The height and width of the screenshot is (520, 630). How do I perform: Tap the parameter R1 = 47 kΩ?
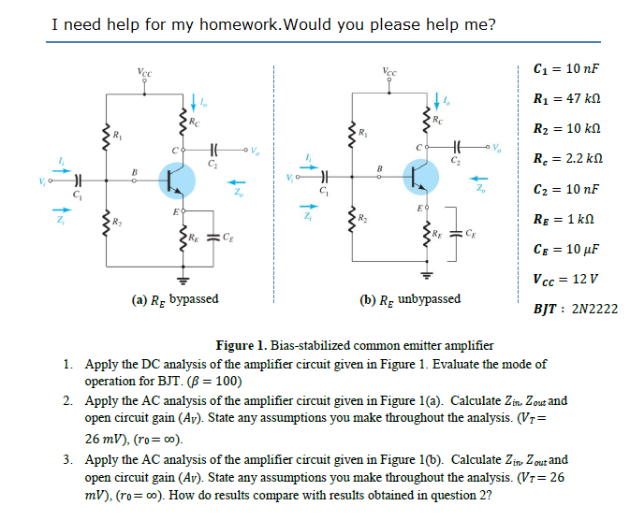[x=564, y=98]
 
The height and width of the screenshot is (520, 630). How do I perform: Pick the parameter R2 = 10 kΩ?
[x=564, y=128]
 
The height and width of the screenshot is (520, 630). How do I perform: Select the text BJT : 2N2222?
[x=574, y=308]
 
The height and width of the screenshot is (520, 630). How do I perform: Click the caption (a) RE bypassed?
[x=175, y=298]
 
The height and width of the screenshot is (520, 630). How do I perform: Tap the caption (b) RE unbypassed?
[x=410, y=299]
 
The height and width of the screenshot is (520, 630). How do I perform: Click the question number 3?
[x=69, y=460]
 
